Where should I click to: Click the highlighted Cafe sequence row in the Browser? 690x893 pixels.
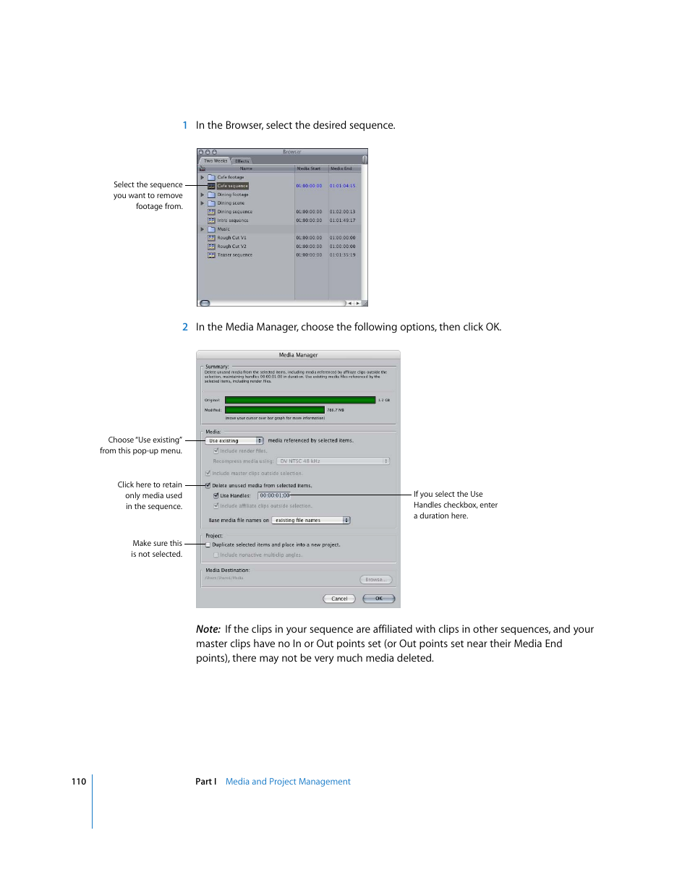click(232, 186)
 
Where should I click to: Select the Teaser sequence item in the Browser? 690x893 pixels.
click(234, 255)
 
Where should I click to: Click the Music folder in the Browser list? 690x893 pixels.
click(223, 229)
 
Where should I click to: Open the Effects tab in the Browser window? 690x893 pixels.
click(242, 161)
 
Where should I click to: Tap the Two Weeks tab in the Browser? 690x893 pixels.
click(216, 161)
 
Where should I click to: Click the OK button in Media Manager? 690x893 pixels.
click(378, 599)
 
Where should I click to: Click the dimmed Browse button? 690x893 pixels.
click(375, 580)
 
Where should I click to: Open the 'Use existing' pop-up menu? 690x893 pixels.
click(234, 441)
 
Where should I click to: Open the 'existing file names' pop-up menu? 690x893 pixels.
click(311, 521)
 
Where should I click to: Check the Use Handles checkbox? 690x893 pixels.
click(216, 496)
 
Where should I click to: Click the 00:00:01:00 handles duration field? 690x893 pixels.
click(274, 496)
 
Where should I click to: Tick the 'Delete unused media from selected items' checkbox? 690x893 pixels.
click(208, 486)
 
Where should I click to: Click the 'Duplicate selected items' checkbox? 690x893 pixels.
click(208, 545)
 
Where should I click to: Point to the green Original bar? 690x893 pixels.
click(299, 400)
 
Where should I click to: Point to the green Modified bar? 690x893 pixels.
click(274, 410)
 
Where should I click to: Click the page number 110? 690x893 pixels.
click(79, 782)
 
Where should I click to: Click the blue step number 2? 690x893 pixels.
click(185, 328)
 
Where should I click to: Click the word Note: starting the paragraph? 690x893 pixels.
click(208, 630)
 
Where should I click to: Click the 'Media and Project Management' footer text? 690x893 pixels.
click(288, 782)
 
